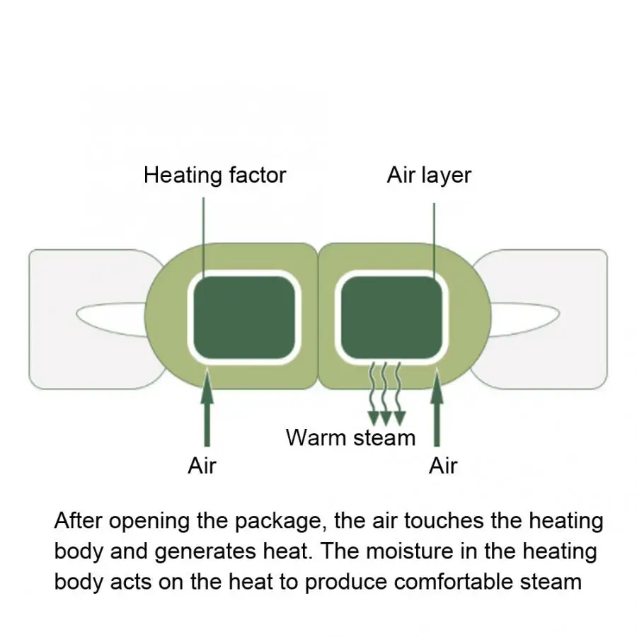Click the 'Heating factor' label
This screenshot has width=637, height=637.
coord(215,175)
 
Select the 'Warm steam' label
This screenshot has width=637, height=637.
coord(350,438)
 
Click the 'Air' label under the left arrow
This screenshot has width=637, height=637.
coord(202,466)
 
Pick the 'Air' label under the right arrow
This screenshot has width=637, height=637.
coord(443,466)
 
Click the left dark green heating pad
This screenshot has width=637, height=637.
coord(244,317)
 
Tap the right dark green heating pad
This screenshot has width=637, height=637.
coord(391,317)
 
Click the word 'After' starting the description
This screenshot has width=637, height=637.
coord(78,520)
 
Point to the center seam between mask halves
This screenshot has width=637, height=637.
coord(318,316)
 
